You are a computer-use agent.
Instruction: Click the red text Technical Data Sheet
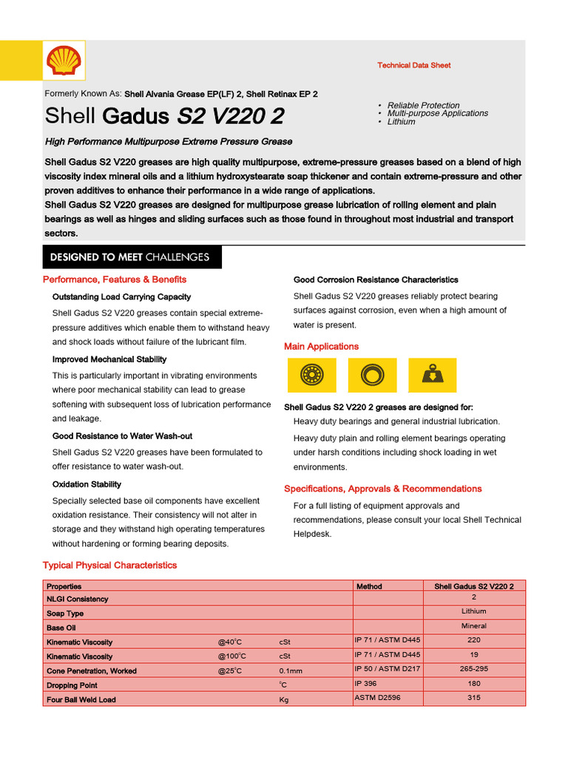pos(413,66)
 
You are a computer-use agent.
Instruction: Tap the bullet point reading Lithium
pos(401,122)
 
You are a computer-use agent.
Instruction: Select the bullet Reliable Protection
pos(423,105)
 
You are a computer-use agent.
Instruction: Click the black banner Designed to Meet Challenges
pos(129,257)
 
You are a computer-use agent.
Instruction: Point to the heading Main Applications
pos(321,347)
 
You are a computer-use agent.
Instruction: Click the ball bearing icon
pos(311,376)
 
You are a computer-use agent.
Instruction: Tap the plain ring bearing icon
pos(371,376)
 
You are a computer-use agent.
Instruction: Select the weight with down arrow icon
pos(432,376)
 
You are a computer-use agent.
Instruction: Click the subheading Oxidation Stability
pos(87,485)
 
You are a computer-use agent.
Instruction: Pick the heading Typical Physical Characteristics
pos(109,566)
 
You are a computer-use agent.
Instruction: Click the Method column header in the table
pos(369,586)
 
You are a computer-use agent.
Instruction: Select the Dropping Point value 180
pos(474,684)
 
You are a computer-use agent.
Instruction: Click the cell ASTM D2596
pos(377,697)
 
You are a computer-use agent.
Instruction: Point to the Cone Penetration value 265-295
pos(474,668)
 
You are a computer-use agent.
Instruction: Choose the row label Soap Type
pos(65,614)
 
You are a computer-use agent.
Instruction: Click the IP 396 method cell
pos(365,684)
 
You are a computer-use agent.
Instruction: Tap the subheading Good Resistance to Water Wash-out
pos(122,436)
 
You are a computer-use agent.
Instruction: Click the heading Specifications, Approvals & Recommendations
pos(382,489)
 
